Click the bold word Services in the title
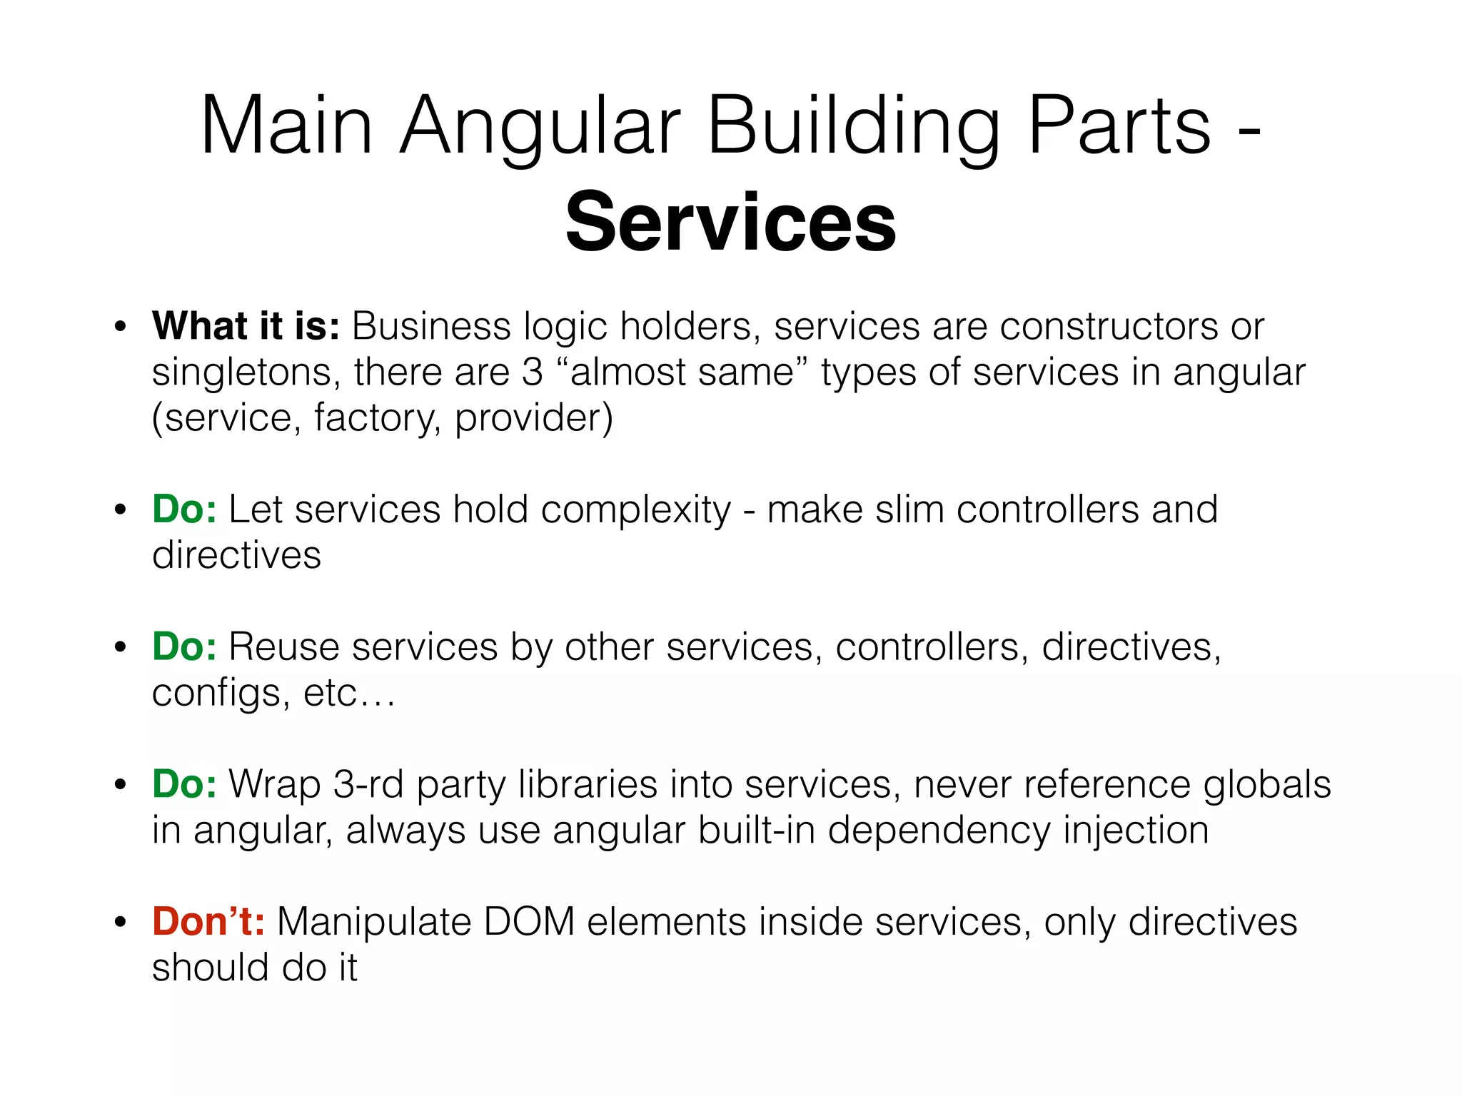point(730,223)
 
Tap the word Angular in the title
point(540,126)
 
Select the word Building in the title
point(854,126)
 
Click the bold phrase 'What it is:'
point(246,326)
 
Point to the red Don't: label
point(208,921)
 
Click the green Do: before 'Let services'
point(184,509)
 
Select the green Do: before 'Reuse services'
point(184,647)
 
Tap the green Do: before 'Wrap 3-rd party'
point(184,784)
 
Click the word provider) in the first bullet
point(534,418)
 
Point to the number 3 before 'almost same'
point(532,372)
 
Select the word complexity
point(636,511)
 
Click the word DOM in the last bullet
point(529,922)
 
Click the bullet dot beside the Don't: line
point(121,923)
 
